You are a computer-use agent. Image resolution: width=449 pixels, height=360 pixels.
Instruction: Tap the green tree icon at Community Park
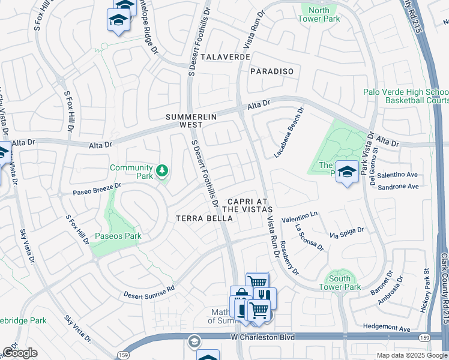161,172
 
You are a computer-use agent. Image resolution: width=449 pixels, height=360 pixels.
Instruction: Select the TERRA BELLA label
204,219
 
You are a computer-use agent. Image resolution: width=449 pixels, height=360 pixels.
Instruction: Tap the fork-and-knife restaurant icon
264,295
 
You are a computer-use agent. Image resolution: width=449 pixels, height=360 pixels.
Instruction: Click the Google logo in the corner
20,352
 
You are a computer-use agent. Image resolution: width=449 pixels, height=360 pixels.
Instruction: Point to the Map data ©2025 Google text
411,355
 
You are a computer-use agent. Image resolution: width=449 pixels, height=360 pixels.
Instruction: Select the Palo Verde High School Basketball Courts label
406,95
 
